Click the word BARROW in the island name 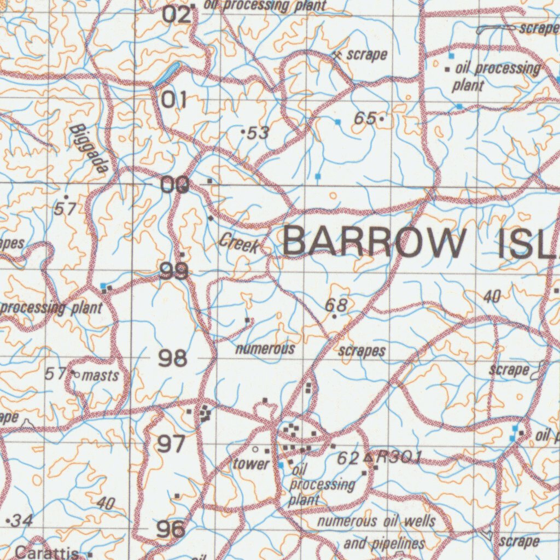(x=371, y=242)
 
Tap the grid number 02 (x=177, y=15)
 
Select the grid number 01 (x=174, y=100)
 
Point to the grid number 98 (x=173, y=359)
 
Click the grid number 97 (x=171, y=444)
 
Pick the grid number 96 (x=171, y=529)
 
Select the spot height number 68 (x=336, y=305)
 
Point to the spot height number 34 (x=22, y=521)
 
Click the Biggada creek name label (x=88, y=148)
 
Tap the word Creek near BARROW (x=240, y=243)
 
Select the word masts (x=101, y=376)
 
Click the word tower (x=252, y=464)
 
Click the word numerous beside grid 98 (x=265, y=348)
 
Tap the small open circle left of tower (x=255, y=450)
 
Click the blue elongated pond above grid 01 (x=167, y=73)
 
